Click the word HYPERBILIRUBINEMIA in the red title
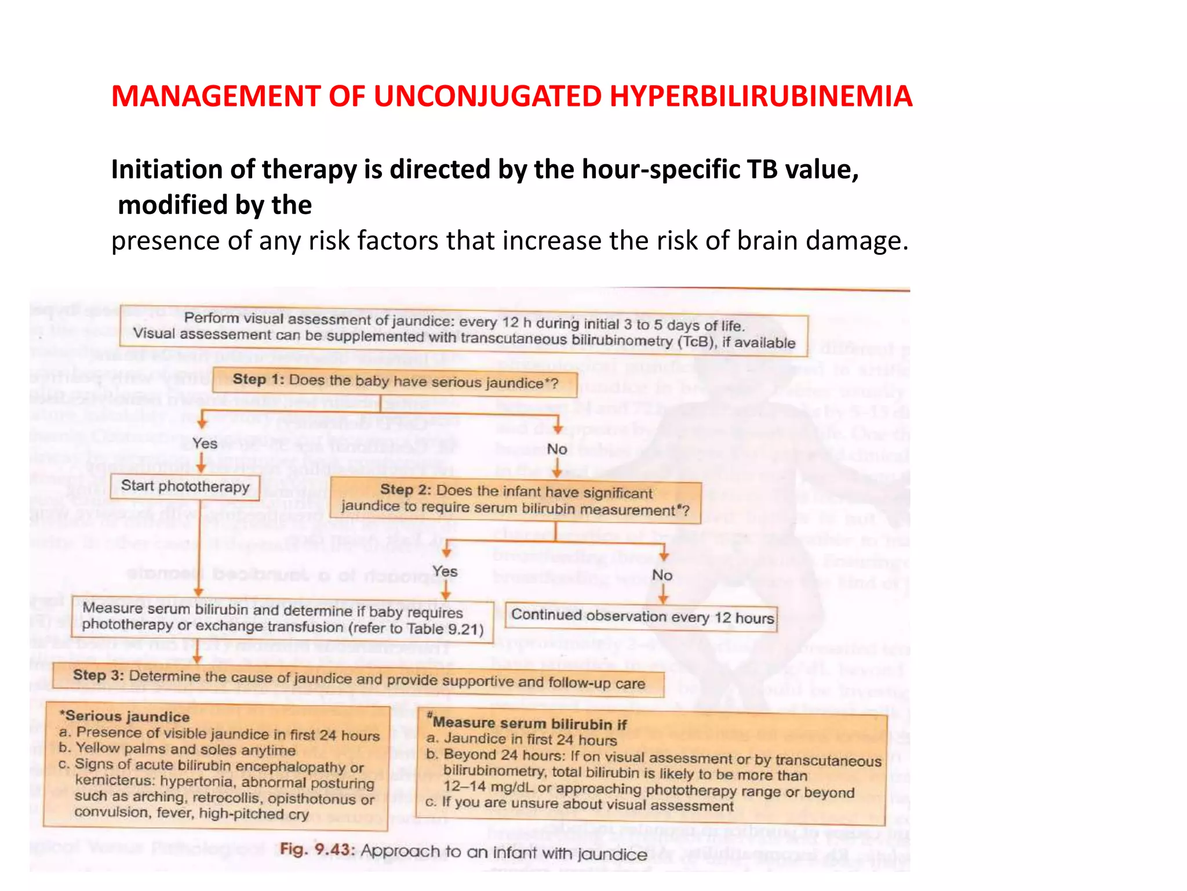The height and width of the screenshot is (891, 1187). [760, 96]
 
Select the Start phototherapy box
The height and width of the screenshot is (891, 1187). [185, 486]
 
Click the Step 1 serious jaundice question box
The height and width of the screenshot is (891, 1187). [395, 382]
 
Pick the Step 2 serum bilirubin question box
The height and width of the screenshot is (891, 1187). [515, 500]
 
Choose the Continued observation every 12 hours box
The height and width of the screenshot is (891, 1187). [642, 617]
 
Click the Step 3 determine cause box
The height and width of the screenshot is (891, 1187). [358, 679]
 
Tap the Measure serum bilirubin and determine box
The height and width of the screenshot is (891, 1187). [282, 618]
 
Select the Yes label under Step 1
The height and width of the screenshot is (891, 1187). [205, 444]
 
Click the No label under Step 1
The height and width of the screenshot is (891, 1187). [557, 449]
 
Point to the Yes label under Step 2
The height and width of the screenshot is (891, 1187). [445, 572]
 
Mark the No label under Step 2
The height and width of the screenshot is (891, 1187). [662, 575]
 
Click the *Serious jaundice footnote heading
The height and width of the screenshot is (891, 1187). [125, 716]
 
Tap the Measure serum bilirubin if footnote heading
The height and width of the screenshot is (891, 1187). [529, 723]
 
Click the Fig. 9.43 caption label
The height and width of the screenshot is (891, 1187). [316, 850]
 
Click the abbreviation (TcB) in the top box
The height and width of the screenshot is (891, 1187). [697, 342]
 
